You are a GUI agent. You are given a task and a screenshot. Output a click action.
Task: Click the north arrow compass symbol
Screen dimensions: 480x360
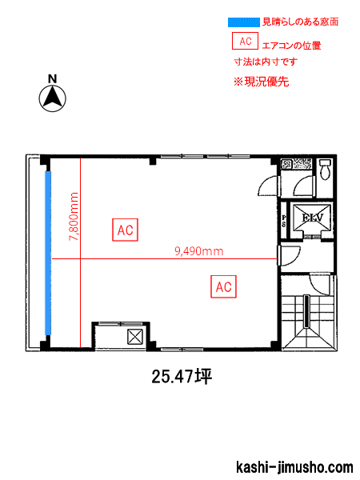[53, 98]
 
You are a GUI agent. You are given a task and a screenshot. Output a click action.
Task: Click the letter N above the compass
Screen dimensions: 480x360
[52, 78]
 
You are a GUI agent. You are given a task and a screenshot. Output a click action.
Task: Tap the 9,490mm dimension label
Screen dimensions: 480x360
[198, 250]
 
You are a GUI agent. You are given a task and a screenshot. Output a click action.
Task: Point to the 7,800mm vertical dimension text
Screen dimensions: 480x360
[74, 217]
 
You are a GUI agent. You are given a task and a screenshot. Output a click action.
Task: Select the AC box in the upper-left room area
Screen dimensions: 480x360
[125, 230]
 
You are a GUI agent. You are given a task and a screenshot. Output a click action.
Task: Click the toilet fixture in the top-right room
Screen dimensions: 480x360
[324, 170]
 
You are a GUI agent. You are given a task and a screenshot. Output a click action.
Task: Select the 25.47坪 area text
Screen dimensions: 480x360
[181, 376]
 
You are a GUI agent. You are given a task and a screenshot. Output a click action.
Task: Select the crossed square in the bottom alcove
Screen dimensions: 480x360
[134, 334]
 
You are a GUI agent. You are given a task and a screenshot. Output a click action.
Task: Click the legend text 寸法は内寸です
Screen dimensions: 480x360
[265, 62]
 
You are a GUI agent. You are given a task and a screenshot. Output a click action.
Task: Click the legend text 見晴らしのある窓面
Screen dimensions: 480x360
[300, 22]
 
